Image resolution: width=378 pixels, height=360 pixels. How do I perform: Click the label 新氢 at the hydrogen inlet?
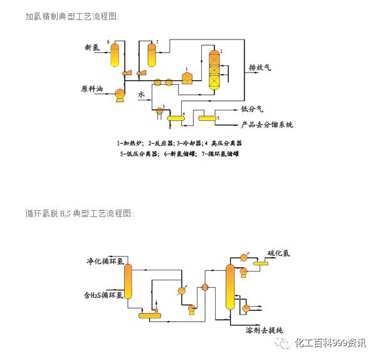point(93,48)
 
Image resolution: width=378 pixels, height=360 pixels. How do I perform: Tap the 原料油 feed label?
point(92,88)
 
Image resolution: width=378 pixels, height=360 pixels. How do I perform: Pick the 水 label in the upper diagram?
point(142,94)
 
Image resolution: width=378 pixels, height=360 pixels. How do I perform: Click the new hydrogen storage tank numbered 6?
point(114,55)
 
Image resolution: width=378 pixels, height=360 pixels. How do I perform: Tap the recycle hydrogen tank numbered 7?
point(152,55)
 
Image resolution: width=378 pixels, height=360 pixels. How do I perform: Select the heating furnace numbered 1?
point(187,77)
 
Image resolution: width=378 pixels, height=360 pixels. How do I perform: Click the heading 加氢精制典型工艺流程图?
point(71,16)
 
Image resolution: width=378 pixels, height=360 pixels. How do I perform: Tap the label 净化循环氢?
point(105,261)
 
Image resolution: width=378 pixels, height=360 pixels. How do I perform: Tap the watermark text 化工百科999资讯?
point(330,343)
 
